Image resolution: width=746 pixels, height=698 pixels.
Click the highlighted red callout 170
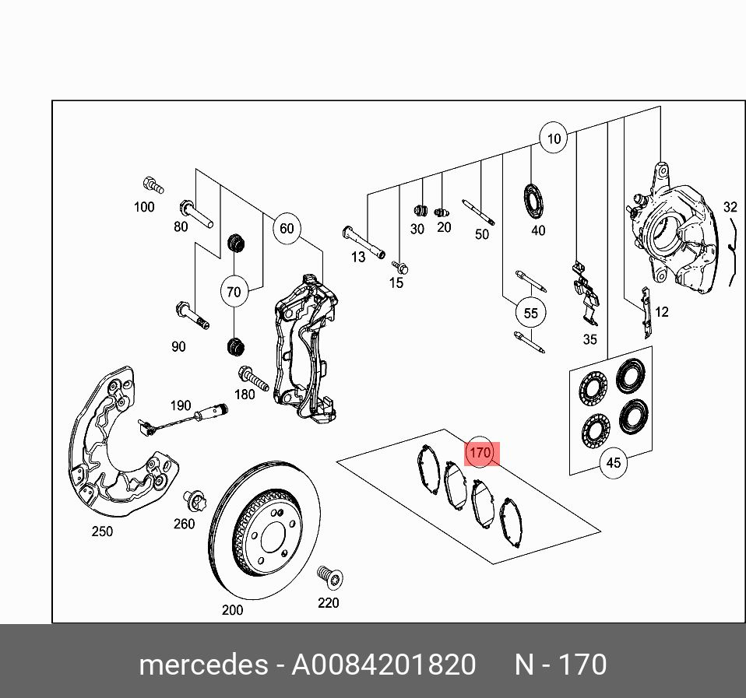coord(480,452)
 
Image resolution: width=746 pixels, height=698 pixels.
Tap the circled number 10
coord(553,139)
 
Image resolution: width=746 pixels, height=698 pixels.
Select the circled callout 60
coord(287,228)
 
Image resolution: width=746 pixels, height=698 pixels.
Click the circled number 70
coord(234,293)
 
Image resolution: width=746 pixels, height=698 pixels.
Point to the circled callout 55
coord(530,314)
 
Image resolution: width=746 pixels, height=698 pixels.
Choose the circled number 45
coord(614,463)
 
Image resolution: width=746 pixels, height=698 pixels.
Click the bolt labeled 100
coord(153,185)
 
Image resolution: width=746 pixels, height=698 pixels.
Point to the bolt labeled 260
coord(191,499)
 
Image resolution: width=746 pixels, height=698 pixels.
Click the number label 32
coord(730,207)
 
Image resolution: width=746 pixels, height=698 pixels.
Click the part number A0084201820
coord(383,665)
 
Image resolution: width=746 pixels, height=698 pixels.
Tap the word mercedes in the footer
coord(202,665)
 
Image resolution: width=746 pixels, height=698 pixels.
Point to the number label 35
coord(589,339)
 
